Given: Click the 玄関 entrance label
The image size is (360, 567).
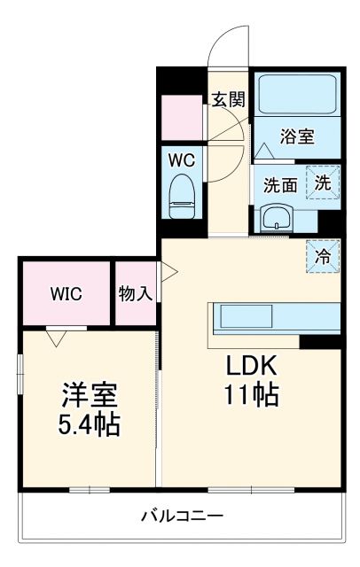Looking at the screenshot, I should click(228, 99).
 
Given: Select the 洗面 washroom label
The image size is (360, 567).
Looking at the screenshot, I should click(281, 185).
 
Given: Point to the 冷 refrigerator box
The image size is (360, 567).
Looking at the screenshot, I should click(323, 256).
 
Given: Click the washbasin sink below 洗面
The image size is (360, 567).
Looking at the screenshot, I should click(277, 218).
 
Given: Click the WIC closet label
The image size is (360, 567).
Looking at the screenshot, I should click(66, 294).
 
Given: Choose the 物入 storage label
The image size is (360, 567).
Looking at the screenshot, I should click(136, 294).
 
